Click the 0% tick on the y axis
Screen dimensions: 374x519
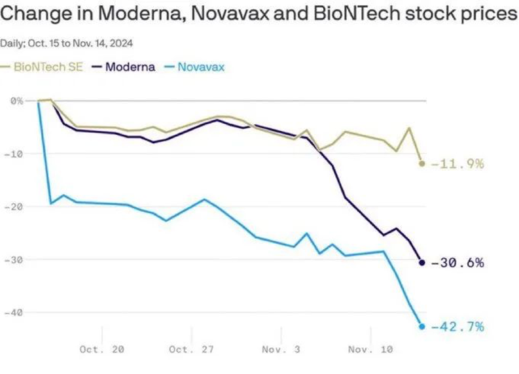16,101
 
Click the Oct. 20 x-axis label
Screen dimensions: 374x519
102,350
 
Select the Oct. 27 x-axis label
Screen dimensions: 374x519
191,350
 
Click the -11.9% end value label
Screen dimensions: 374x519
458,163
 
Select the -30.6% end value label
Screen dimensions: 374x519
458,263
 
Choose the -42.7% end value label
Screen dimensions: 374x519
458,326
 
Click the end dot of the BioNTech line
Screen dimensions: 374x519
421,163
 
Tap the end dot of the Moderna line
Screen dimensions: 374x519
421,263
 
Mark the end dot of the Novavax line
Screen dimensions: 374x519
421,326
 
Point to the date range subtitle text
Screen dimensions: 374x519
67,42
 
